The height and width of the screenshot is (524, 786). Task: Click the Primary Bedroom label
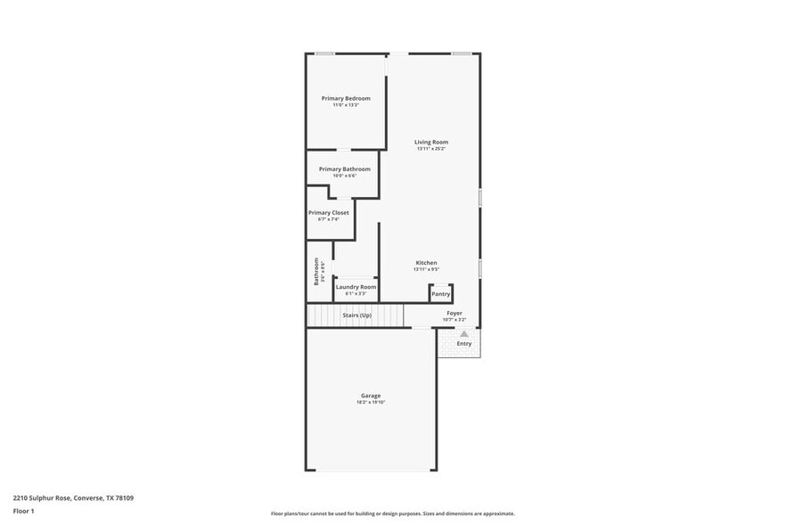[346, 98]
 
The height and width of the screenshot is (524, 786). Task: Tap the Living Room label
[430, 142]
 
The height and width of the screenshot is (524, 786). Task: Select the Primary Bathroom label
[344, 168]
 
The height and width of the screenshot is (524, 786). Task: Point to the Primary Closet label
[328, 213]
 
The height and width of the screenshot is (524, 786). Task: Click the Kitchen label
[427, 263]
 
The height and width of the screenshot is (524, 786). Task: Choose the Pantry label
[440, 294]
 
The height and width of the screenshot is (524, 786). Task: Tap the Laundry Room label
[355, 287]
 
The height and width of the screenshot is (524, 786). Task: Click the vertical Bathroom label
[315, 271]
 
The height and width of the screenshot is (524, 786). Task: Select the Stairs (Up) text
[356, 315]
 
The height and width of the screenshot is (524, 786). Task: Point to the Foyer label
[454, 313]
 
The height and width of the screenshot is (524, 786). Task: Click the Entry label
[464, 344]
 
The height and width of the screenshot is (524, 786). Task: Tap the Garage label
[371, 396]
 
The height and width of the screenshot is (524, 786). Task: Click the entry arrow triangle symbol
[463, 334]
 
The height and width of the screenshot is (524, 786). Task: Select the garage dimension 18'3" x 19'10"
[371, 403]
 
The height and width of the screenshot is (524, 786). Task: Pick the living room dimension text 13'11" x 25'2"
[430, 149]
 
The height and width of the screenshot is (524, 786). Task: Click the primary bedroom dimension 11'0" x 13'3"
[346, 105]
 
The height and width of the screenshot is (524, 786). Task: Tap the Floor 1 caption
[23, 511]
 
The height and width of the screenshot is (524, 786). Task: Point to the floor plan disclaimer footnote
[392, 513]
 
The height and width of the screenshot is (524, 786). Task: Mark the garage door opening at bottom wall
[372, 470]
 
